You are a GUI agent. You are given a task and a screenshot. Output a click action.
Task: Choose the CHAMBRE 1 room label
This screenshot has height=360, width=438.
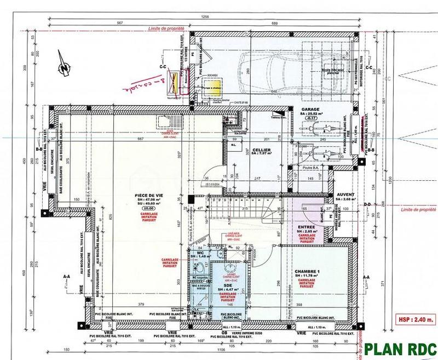[x=307, y=272]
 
